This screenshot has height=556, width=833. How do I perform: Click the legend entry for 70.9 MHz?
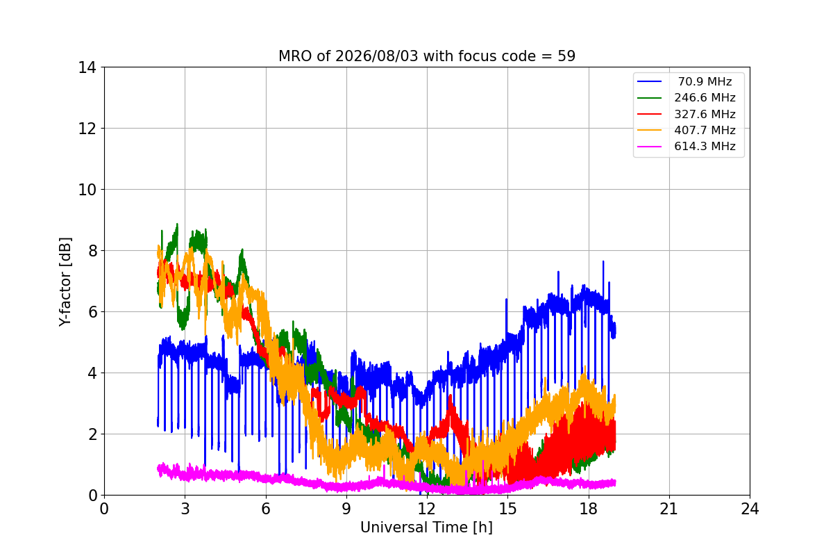click(705, 81)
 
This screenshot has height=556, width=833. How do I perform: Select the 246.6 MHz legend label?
click(705, 97)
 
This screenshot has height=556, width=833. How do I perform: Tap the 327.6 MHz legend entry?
click(705, 114)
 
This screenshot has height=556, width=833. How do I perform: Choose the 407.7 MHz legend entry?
click(705, 130)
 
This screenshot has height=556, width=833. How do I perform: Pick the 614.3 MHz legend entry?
click(705, 147)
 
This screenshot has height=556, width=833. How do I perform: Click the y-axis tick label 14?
click(87, 68)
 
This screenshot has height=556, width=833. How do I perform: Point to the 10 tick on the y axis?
click(87, 190)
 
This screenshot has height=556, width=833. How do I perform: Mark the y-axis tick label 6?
click(93, 312)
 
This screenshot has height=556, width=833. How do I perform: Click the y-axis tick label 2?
click(93, 434)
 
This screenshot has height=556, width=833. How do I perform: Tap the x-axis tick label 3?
click(185, 509)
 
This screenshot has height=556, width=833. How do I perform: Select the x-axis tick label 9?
click(346, 509)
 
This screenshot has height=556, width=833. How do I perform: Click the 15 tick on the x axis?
click(508, 509)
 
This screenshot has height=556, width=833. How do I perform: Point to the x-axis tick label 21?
click(669, 509)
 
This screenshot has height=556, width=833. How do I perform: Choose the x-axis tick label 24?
click(750, 509)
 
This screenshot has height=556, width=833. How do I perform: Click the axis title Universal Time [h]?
click(426, 528)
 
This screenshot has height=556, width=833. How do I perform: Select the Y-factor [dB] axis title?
click(65, 282)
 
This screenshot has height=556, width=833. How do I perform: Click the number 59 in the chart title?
click(566, 56)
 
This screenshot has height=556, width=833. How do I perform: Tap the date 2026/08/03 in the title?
click(377, 56)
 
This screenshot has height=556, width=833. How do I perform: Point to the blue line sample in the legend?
click(649, 81)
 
